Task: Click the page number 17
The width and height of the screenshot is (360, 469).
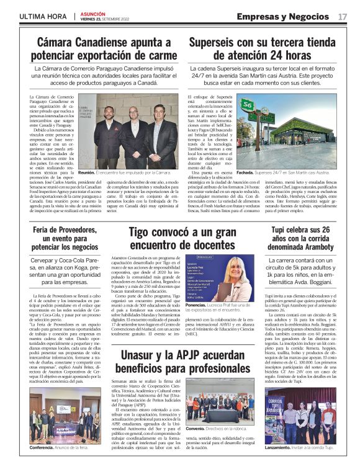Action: coord(343,16)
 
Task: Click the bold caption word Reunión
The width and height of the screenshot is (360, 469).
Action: coord(87,173)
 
